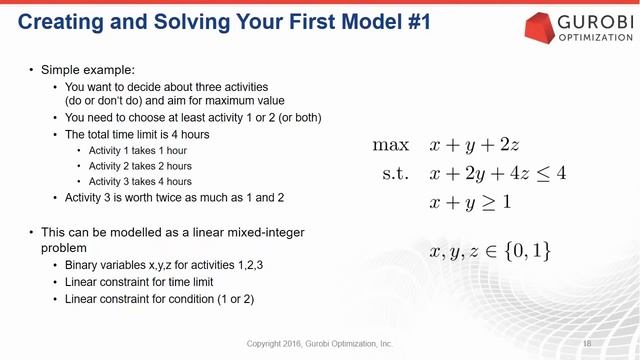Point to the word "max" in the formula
(x=390, y=145)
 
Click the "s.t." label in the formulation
(x=395, y=173)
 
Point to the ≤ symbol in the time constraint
(x=544, y=173)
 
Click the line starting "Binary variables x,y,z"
(x=161, y=267)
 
